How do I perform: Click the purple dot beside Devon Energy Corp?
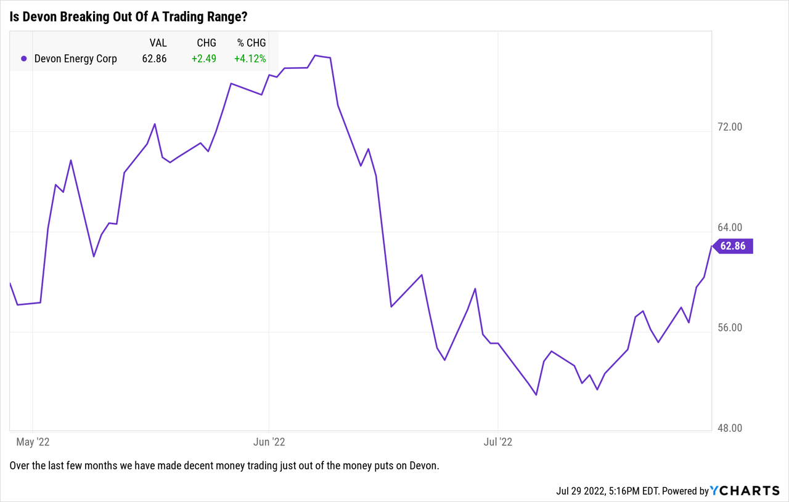(23, 59)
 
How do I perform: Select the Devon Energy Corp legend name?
(75, 59)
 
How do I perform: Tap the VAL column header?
(158, 43)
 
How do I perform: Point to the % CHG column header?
(251, 43)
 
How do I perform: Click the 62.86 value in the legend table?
(154, 59)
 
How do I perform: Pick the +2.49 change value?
(203, 59)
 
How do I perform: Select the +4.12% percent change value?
(250, 59)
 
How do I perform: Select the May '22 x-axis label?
(33, 442)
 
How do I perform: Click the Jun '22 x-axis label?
(269, 442)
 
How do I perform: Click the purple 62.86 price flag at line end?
(733, 246)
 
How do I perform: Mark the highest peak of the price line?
(315, 55)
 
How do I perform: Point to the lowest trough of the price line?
(537, 395)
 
